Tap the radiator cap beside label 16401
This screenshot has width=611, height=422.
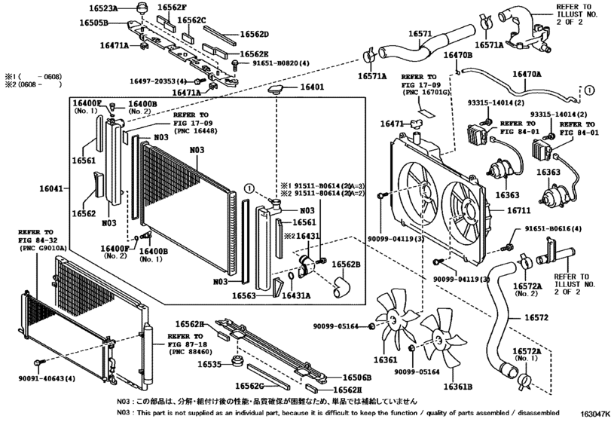[x=276, y=90]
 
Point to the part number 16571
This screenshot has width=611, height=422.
[x=419, y=34]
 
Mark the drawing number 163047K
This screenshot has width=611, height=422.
[x=594, y=414]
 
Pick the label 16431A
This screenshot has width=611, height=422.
[x=296, y=296]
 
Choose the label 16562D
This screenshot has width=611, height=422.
[x=254, y=34]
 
